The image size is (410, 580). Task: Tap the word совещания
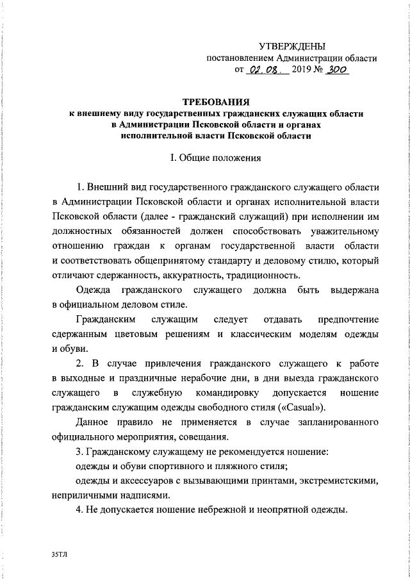tap(200, 437)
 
